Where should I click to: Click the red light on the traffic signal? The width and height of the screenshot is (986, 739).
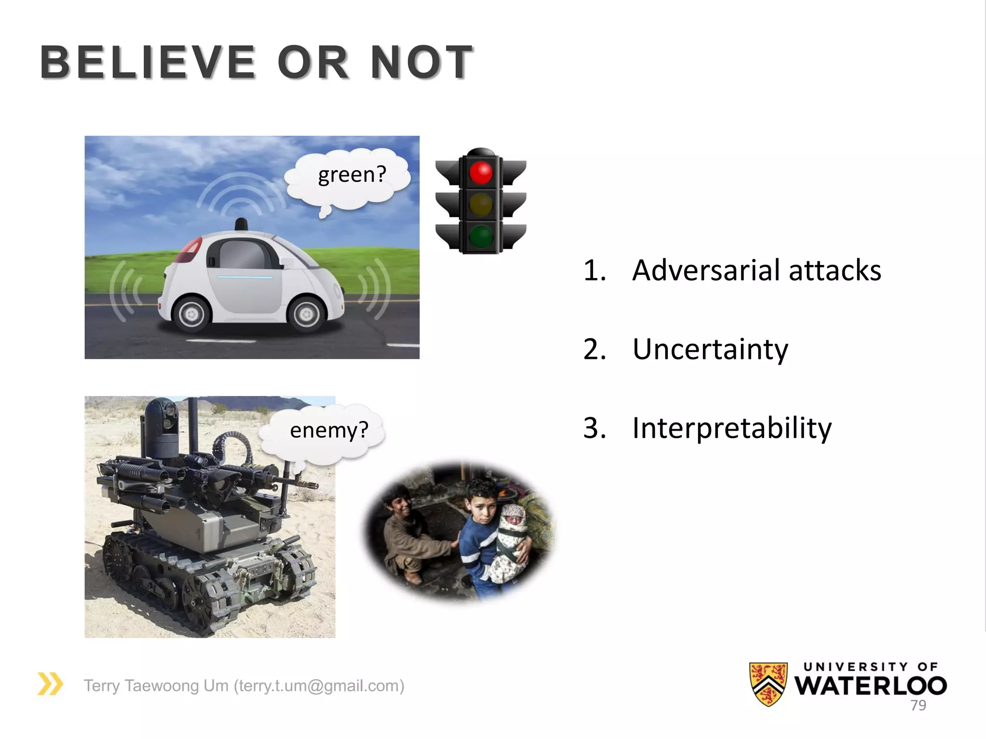480,173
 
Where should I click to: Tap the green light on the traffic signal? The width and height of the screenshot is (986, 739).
480,236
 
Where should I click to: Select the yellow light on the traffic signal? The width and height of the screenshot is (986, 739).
480,204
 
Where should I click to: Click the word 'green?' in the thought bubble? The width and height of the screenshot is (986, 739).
352,175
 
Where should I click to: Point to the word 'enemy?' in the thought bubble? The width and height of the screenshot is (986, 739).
329,430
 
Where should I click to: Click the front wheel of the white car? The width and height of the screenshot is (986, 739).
306,315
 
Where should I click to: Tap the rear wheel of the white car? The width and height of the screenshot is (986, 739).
192,315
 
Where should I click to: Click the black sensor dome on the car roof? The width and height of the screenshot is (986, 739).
241,224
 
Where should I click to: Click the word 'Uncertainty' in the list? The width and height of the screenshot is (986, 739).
710,350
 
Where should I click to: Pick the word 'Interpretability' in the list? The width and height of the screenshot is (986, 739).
732,428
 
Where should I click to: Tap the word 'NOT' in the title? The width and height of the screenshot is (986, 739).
422,63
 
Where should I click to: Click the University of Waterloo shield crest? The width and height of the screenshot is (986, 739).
768,684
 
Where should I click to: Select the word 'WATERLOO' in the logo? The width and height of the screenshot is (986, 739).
870,686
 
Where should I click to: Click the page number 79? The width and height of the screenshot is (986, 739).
918,705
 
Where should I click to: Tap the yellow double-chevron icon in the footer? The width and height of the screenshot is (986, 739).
50,684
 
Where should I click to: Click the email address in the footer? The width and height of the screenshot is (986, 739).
319,686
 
